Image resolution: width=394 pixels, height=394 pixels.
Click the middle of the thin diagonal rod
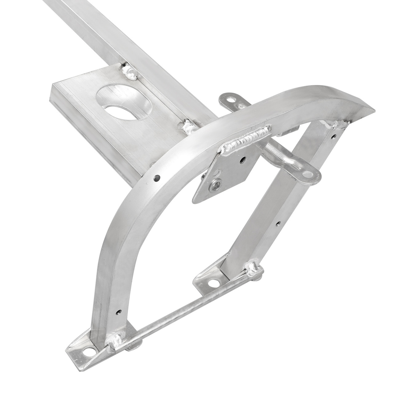(185, 308)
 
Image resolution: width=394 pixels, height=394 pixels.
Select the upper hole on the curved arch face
(157, 178)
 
